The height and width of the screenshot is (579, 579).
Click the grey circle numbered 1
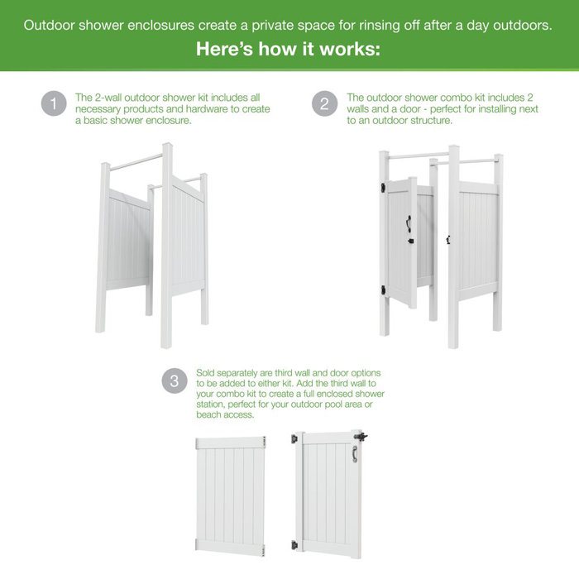click(x=54, y=105)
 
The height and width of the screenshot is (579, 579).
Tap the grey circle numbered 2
click(x=324, y=105)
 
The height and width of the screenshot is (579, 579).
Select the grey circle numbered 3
click(x=174, y=381)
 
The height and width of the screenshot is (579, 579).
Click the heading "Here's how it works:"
click(x=289, y=50)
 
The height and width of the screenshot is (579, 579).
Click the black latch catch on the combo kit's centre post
click(x=447, y=240)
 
